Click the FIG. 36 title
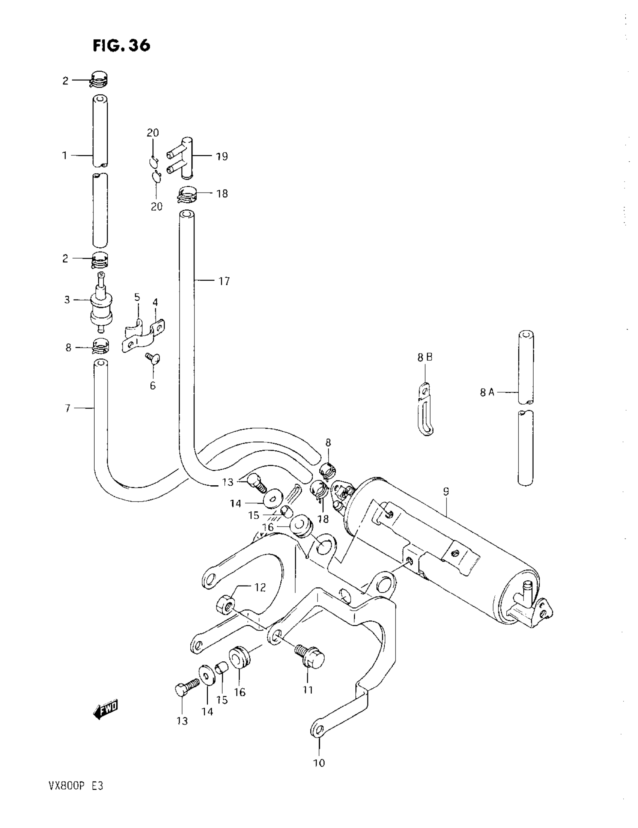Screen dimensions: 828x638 pos(121,45)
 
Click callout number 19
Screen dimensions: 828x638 pos(222,156)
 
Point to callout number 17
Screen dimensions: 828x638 pos(224,281)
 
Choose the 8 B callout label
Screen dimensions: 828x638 pos(425,357)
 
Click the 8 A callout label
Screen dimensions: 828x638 pos(487,392)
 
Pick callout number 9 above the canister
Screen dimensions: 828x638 pos(446,492)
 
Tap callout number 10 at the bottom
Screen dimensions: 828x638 pos(320,763)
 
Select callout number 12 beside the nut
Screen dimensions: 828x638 pos(260,587)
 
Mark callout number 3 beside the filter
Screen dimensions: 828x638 pos(67,300)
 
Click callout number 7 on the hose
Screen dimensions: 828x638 pos(68,408)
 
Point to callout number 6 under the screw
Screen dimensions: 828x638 pos(153,385)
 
